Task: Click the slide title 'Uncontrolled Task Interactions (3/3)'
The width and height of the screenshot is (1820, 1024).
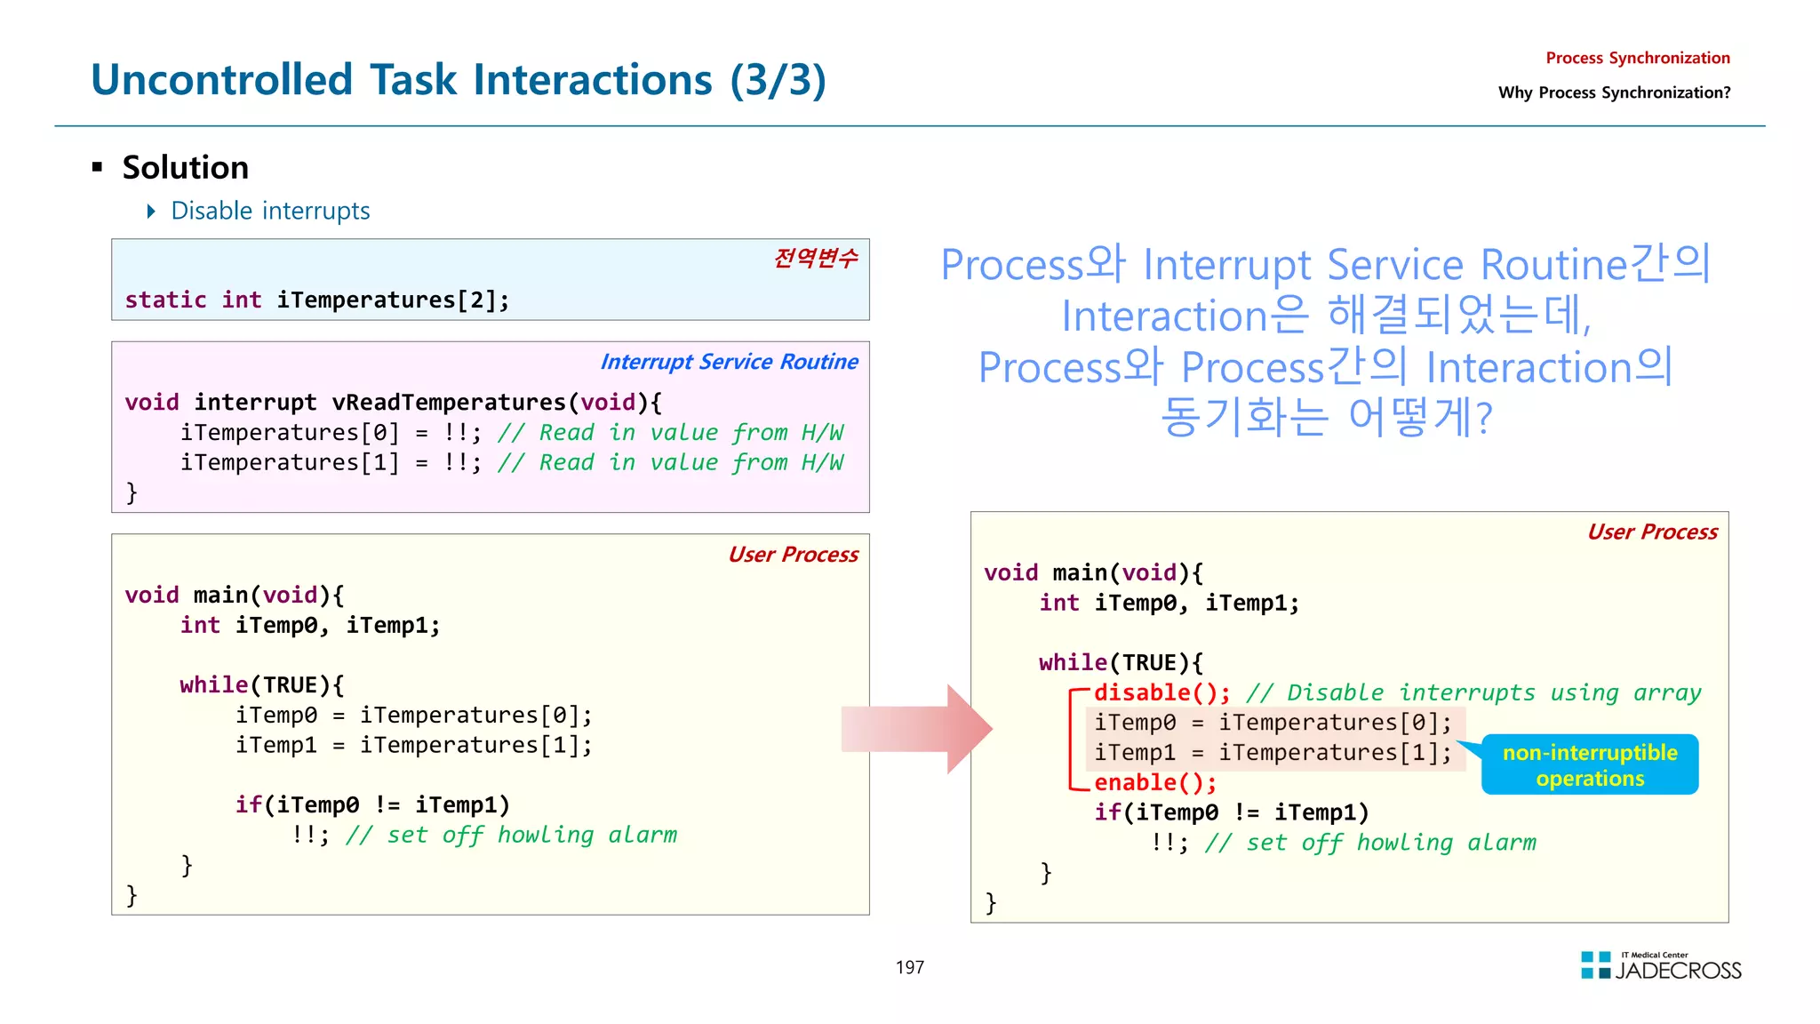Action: click(458, 80)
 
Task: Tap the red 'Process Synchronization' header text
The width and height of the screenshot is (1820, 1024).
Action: click(1637, 58)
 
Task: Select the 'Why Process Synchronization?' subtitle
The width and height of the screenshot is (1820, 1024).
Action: click(1614, 92)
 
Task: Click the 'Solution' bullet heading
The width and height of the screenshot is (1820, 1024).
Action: click(185, 167)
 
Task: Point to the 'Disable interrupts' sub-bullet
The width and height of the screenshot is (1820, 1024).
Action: click(269, 211)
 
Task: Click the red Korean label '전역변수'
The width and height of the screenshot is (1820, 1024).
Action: click(815, 258)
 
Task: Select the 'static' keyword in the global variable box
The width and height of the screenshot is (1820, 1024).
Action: click(165, 300)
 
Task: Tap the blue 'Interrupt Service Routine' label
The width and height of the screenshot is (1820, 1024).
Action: click(729, 362)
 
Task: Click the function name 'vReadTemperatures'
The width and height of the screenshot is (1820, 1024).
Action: click(448, 403)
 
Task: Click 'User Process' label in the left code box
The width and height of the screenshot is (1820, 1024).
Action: click(793, 555)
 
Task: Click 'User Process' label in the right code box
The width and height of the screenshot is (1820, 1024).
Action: click(1652, 532)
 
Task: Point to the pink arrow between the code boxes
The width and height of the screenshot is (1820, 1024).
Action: click(915, 729)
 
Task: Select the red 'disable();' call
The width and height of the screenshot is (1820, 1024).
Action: click(1161, 692)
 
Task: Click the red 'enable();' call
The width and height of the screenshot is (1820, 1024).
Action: click(1154, 782)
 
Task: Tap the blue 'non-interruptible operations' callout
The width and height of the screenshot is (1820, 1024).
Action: click(1589, 765)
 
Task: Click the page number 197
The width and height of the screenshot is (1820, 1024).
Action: click(909, 967)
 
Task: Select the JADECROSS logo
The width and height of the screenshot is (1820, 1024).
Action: click(1660, 966)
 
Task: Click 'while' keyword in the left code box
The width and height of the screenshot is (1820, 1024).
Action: click(213, 685)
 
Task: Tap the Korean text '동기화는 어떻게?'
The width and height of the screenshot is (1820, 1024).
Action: click(1326, 417)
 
